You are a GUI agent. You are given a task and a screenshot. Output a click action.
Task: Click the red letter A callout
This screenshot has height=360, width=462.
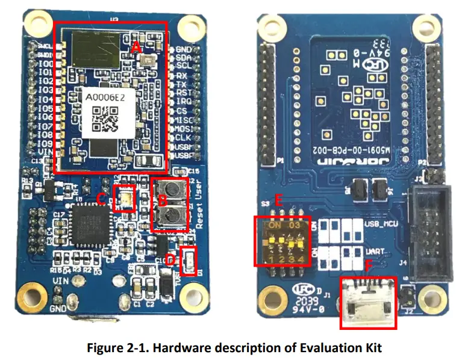[x=136, y=46]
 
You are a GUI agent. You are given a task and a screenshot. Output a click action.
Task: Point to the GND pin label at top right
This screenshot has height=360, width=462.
[x=184, y=49]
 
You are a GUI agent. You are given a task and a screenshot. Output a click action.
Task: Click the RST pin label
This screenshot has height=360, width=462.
[x=184, y=93]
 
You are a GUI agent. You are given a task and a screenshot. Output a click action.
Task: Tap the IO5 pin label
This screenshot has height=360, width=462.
[x=44, y=108]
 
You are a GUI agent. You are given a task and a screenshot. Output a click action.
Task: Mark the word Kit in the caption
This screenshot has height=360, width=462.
[x=373, y=348]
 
